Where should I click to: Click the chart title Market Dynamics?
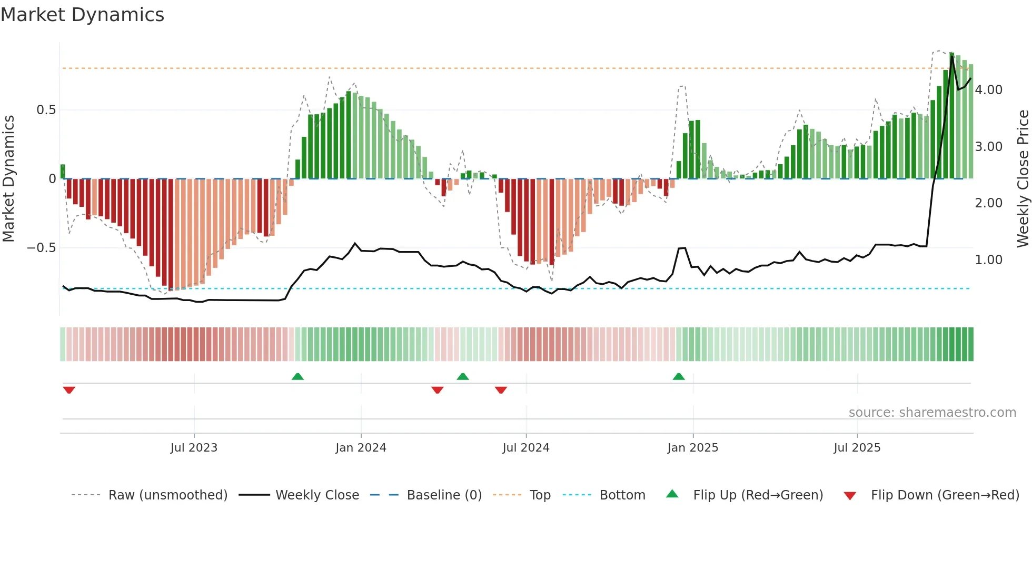coord(83,15)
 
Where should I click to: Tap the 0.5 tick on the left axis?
coord(46,110)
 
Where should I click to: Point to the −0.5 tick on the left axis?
coord(42,248)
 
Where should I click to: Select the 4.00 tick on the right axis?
coord(988,90)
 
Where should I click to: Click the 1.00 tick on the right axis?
coord(988,260)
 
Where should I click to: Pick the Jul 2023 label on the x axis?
coord(194,448)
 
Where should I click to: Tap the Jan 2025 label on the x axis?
coord(692,448)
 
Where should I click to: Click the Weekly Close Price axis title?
coord(1023,178)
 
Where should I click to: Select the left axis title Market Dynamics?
coord(9,178)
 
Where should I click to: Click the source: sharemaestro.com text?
coord(932,413)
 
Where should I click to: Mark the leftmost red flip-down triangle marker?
coord(69,390)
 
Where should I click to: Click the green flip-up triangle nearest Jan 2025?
coord(679,376)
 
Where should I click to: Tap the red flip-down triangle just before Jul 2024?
coord(501,390)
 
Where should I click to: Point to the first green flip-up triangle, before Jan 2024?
coord(297,376)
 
